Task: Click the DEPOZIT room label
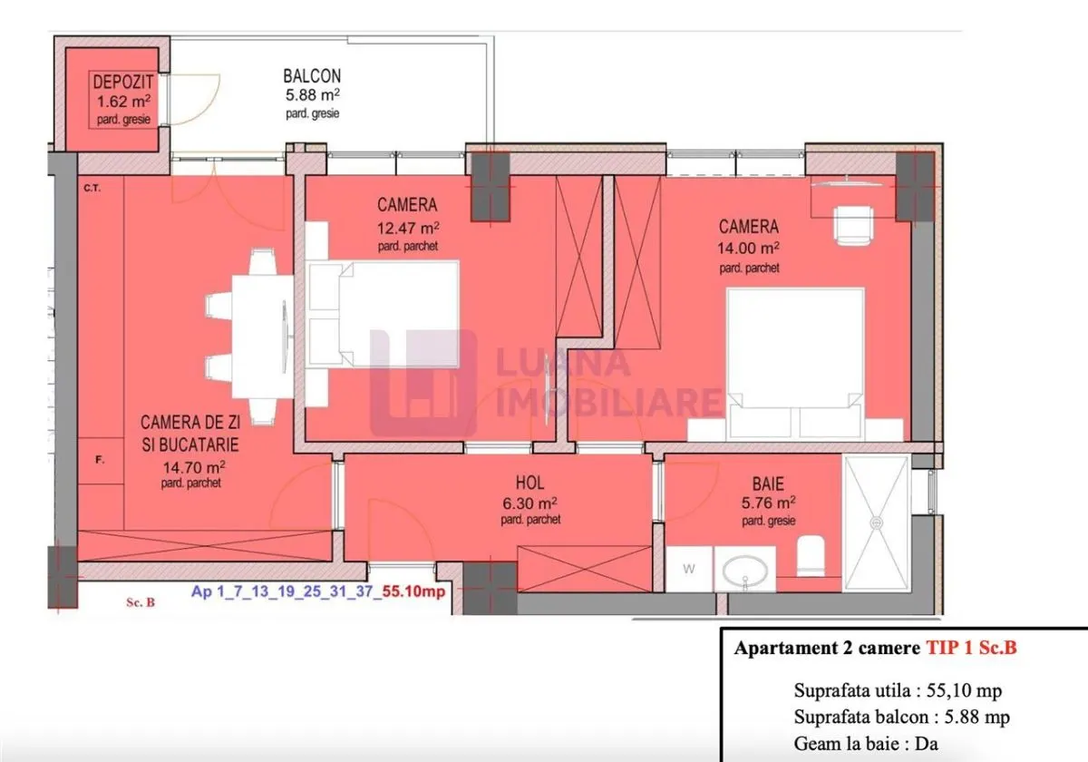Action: click(123, 83)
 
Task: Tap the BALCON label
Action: click(312, 76)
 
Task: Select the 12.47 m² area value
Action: click(408, 228)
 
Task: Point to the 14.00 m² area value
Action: click(749, 248)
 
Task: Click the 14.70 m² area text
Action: click(194, 467)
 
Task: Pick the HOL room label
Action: click(529, 483)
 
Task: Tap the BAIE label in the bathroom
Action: click(768, 484)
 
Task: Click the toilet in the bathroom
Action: click(811, 555)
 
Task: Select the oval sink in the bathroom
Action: click(745, 571)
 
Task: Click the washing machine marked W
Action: click(689, 569)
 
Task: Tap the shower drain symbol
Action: click(877, 523)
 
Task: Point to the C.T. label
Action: click(92, 188)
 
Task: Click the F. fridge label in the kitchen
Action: click(100, 459)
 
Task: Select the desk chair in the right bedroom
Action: click(853, 224)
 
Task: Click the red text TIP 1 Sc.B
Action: click(971, 648)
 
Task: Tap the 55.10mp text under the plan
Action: click(413, 591)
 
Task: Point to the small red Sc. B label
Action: click(141, 602)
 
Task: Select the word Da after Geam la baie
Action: click(927, 744)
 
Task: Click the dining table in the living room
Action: click(263, 337)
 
